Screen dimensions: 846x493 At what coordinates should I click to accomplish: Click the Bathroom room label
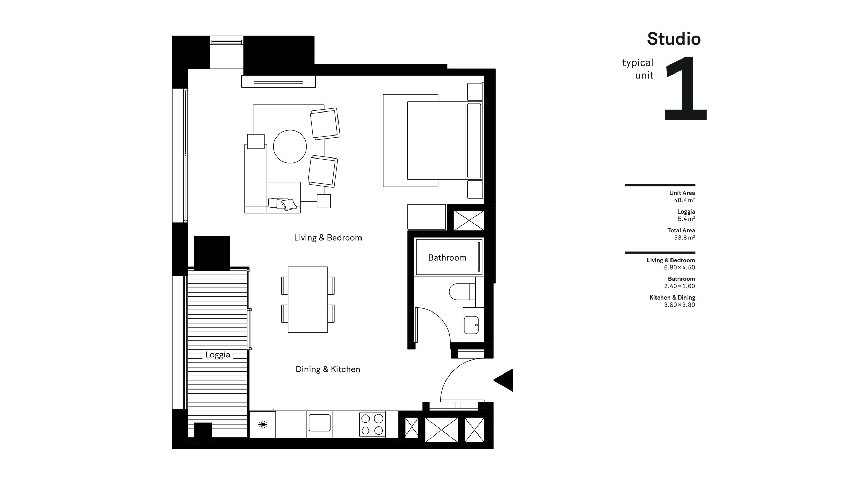[447, 258]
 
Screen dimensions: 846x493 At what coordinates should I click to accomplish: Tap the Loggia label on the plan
[217, 355]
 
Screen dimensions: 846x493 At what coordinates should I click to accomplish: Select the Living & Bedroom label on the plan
[328, 238]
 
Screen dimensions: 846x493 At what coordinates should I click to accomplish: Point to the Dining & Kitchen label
[328, 369]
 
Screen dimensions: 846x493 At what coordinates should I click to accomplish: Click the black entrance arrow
[505, 380]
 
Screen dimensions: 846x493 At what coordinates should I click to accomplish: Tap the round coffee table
[290, 147]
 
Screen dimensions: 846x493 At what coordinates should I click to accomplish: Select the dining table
[308, 300]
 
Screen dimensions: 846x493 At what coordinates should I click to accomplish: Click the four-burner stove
[372, 424]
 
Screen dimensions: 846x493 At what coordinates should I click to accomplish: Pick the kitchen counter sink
[319, 423]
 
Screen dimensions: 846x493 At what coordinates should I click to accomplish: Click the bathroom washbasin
[471, 325]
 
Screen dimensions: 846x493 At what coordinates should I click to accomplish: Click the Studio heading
[674, 39]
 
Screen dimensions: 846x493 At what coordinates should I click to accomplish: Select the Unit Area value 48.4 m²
[684, 200]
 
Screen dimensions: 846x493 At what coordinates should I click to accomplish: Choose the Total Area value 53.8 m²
[684, 238]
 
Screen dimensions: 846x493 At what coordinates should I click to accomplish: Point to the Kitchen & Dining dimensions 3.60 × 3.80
[679, 305]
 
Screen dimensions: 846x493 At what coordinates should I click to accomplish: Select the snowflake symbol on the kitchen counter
[263, 424]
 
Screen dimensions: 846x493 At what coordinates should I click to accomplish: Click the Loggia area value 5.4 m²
[686, 219]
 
